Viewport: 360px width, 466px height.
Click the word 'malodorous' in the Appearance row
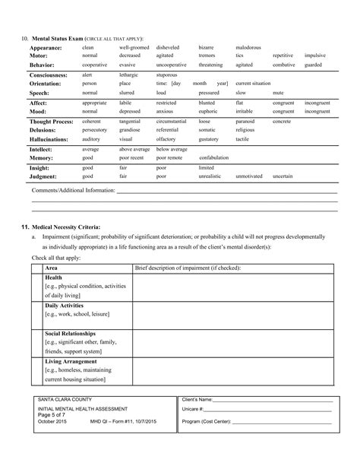[248, 47]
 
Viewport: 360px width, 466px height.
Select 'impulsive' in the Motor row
[316, 55]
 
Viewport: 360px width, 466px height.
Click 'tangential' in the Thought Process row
[130, 121]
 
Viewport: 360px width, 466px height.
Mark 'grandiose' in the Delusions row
[130, 130]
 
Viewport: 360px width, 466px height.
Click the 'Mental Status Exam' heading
[57, 37]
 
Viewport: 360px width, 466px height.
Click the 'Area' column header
[52, 268]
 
